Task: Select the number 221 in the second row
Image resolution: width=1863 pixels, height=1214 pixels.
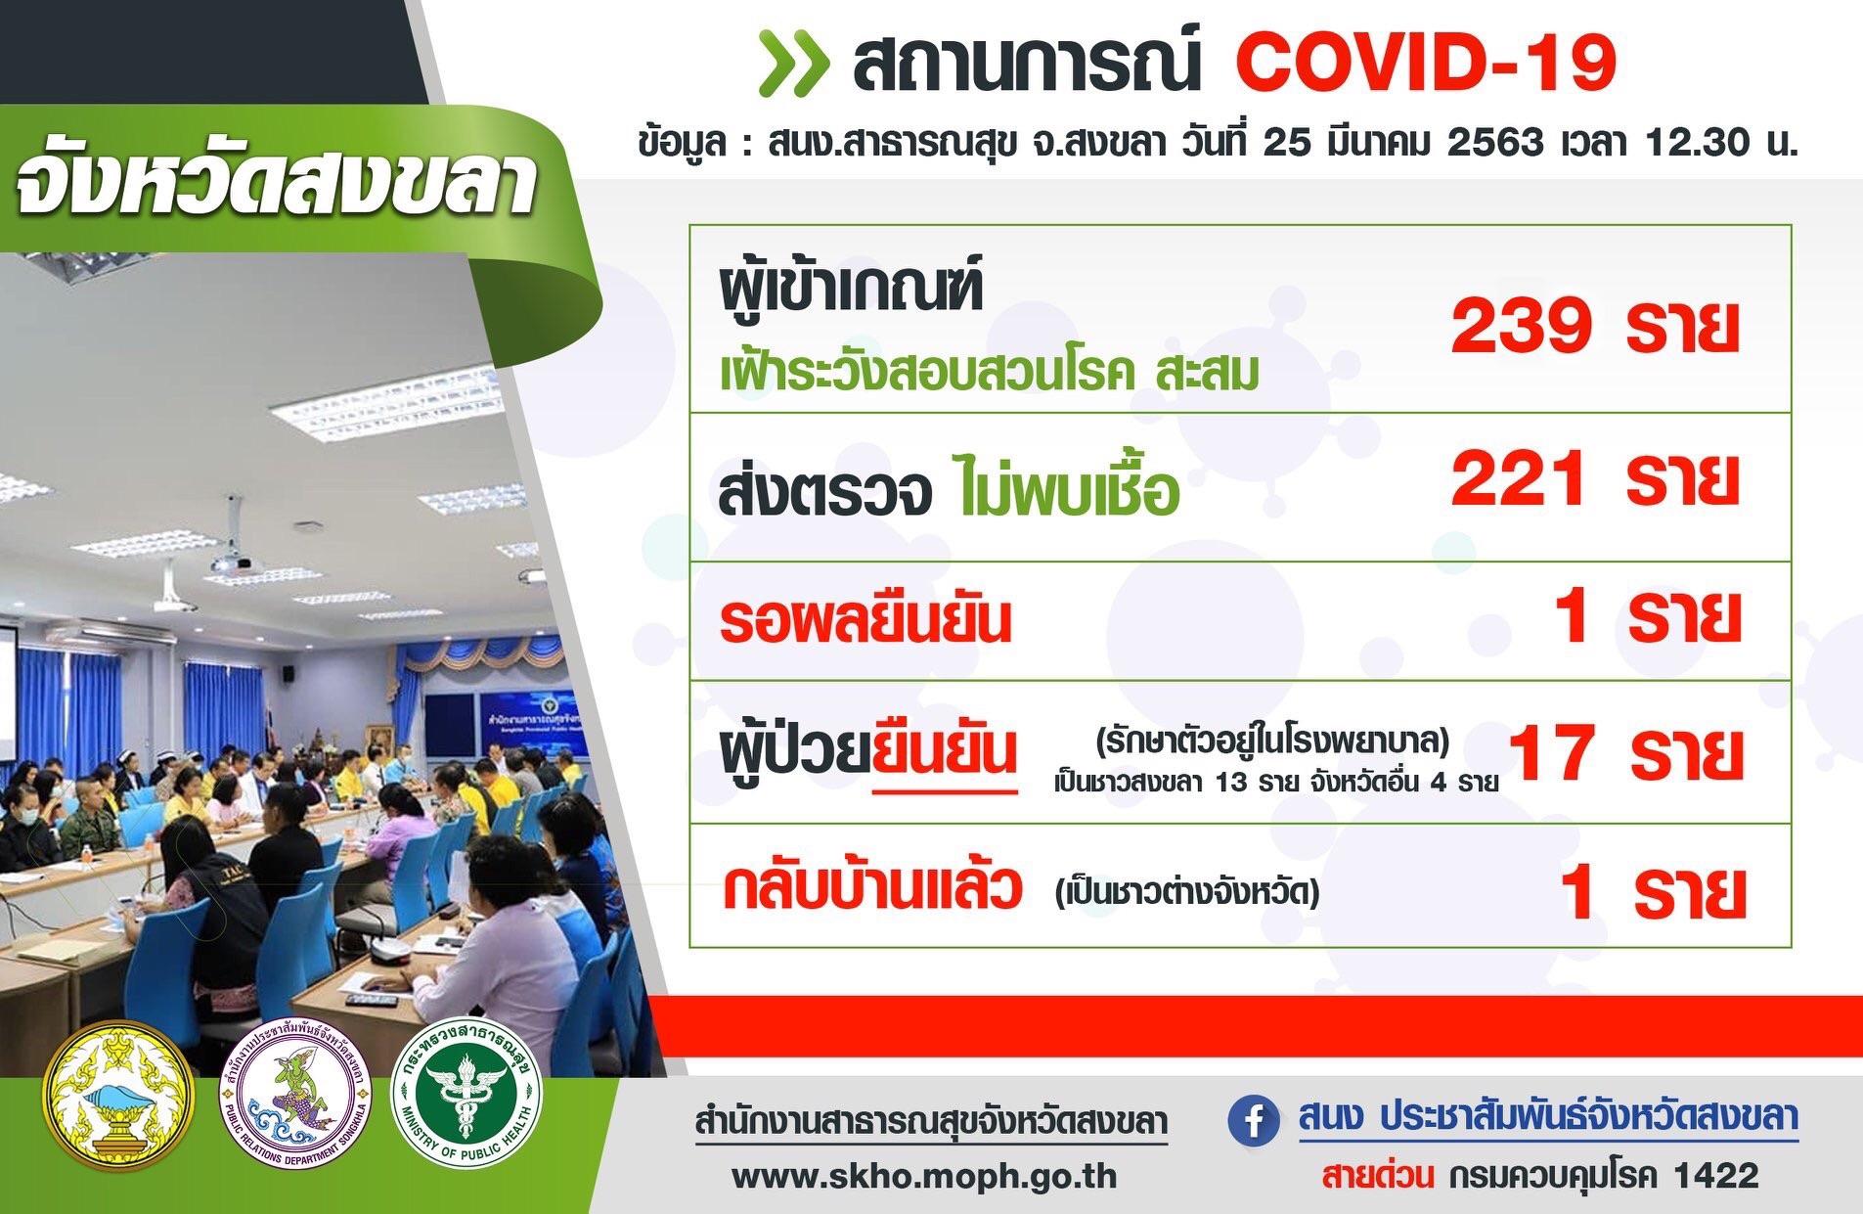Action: (x=1519, y=479)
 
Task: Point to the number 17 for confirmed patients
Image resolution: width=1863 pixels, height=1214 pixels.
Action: (x=1554, y=754)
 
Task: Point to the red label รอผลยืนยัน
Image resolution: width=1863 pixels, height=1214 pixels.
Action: (x=865, y=621)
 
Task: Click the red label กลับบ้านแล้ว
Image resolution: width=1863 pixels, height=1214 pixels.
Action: (x=872, y=887)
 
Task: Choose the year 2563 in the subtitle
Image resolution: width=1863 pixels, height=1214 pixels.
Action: (x=1495, y=143)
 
